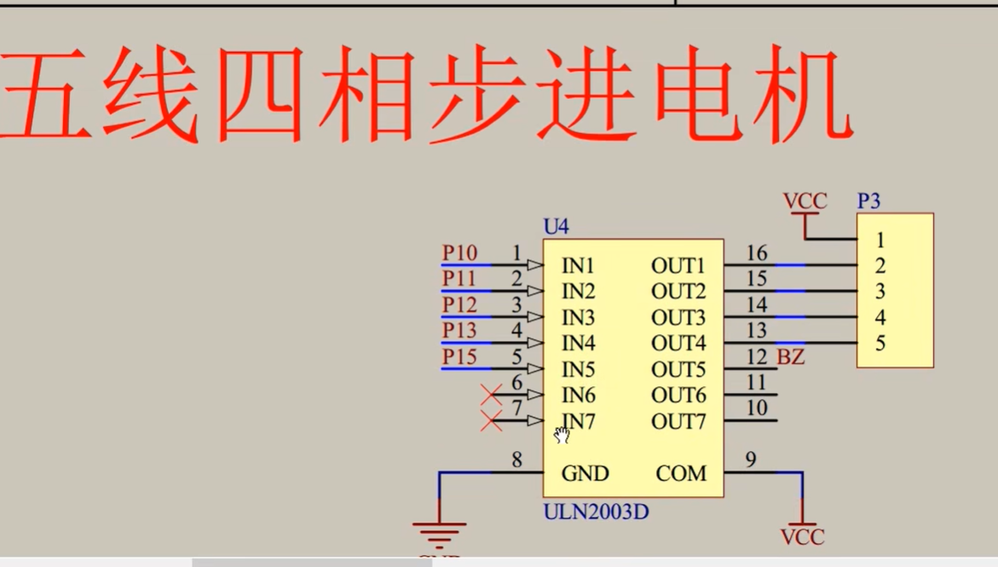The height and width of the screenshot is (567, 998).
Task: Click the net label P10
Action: [x=459, y=253]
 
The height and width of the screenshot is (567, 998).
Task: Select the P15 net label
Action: [x=459, y=356]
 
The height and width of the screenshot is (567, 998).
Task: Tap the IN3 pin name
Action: [x=579, y=317]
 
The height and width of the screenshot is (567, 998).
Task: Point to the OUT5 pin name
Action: [x=678, y=369]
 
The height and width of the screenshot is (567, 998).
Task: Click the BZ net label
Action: [x=791, y=357]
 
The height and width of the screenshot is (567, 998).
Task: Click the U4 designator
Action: [x=556, y=227]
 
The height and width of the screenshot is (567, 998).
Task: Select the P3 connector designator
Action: [x=868, y=202]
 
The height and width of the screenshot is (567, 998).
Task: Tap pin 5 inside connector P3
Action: [x=880, y=344]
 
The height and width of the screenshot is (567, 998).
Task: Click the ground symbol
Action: [x=439, y=533]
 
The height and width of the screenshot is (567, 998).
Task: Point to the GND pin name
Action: [x=585, y=473]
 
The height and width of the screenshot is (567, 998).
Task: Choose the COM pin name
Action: [x=681, y=473]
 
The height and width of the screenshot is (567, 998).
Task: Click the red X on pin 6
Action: [x=491, y=395]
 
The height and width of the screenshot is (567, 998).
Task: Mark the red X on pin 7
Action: [x=491, y=420]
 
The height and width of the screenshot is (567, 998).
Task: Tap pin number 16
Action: [x=757, y=253]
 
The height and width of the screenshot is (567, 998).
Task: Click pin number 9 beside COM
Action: [x=750, y=460]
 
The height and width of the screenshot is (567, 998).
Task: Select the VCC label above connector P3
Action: [x=805, y=201]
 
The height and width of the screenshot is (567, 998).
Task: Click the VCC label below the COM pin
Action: [x=803, y=537]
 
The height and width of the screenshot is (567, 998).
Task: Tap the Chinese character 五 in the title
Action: [x=48, y=95]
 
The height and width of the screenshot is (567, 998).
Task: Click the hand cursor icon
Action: [x=562, y=435]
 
